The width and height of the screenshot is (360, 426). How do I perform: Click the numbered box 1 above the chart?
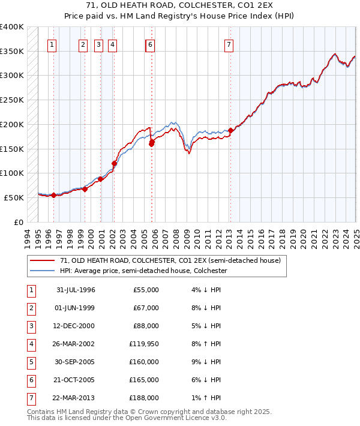(52, 44)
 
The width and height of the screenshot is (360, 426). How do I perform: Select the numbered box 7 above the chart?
(229, 44)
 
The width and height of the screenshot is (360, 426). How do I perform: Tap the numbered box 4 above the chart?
(112, 44)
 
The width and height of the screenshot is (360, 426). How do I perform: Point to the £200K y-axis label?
(12, 124)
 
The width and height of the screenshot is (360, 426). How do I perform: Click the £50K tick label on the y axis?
(14, 197)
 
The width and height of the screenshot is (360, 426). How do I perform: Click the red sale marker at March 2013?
(230, 130)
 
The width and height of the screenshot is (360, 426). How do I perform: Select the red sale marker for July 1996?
(54, 195)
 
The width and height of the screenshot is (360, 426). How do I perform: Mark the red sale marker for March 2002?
(114, 163)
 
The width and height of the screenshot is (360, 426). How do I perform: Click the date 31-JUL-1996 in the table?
(76, 290)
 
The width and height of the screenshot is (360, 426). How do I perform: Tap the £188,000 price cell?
(146, 398)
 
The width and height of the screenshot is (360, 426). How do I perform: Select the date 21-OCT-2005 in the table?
(76, 380)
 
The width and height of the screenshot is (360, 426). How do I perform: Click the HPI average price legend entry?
(143, 271)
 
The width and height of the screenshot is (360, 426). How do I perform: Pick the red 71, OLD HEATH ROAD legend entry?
(170, 260)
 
